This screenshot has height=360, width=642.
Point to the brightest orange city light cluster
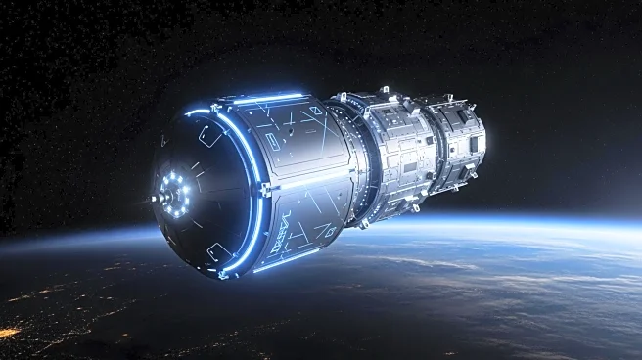(x=8, y=334)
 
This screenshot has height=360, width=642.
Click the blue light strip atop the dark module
(x=267, y=99)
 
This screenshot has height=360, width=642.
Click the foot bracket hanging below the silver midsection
(x=415, y=207)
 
